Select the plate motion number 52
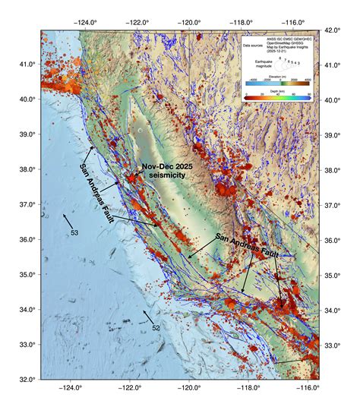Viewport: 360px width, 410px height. (x=155, y=327)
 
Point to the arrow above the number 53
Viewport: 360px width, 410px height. (x=68, y=220)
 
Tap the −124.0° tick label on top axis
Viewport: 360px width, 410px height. (x=84, y=22)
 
